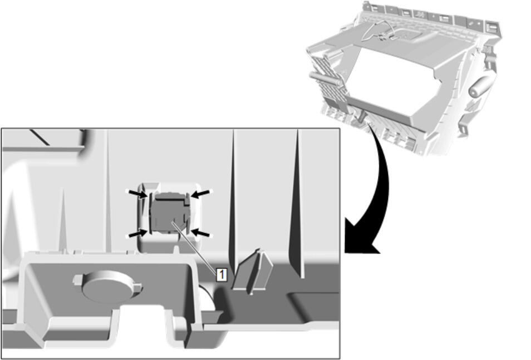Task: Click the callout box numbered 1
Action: click(222, 274)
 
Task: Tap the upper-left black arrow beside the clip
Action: click(138, 194)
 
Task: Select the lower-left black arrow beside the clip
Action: click(138, 233)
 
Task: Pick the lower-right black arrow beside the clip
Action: click(200, 233)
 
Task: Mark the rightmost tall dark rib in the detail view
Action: click(297, 204)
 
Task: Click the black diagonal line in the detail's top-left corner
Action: click(40, 137)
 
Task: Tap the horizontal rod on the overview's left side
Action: click(325, 79)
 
